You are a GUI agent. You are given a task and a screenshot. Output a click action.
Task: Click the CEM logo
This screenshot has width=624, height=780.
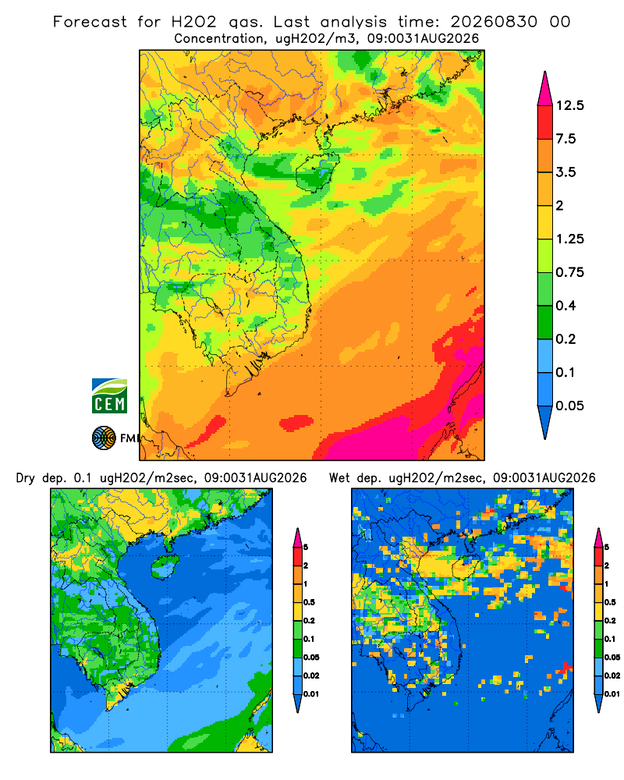109,395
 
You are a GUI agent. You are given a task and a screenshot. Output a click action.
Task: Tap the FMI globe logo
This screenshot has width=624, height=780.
104,438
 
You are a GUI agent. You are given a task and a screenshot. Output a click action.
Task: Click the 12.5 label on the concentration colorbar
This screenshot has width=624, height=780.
569,105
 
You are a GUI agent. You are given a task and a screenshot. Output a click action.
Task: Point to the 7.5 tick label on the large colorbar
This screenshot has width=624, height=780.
565,139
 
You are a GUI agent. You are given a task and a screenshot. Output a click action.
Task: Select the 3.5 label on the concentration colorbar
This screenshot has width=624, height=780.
565,172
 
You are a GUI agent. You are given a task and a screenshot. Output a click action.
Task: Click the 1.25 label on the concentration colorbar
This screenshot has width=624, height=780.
569,239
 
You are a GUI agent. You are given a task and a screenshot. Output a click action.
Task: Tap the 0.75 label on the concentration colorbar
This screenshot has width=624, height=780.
569,272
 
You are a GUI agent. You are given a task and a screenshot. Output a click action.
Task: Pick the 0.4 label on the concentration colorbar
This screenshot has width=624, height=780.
565,306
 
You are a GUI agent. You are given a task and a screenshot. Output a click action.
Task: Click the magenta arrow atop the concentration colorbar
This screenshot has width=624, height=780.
545,90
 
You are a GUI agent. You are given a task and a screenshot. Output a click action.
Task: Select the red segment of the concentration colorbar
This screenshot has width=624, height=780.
545,122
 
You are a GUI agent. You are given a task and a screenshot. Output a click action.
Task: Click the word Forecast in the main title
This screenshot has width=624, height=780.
90,22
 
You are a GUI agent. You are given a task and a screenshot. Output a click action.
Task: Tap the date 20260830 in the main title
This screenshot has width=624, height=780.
494,22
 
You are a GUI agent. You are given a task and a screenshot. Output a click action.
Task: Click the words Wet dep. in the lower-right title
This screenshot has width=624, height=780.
355,478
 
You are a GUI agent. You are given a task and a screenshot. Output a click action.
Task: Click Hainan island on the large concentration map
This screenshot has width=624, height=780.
317,172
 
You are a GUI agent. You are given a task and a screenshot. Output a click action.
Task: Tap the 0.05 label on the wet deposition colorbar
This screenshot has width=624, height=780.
612,657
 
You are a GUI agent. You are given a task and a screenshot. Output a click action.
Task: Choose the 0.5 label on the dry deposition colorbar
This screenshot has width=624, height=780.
309,602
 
